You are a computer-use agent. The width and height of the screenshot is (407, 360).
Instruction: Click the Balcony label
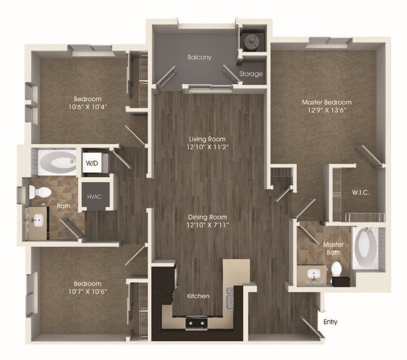[x=199, y=57]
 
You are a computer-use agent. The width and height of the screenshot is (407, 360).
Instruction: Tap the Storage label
[x=250, y=74]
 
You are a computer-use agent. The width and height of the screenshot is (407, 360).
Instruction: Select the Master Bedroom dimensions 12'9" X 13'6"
[x=326, y=111]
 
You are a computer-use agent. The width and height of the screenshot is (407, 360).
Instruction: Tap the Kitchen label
[x=197, y=296]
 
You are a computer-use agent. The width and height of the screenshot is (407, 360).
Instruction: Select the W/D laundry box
[x=91, y=162]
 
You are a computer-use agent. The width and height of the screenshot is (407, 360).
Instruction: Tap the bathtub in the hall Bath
[x=56, y=163]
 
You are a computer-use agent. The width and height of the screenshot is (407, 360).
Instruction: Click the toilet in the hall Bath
[x=41, y=193]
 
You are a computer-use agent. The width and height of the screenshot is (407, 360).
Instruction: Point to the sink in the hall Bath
[x=38, y=220]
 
